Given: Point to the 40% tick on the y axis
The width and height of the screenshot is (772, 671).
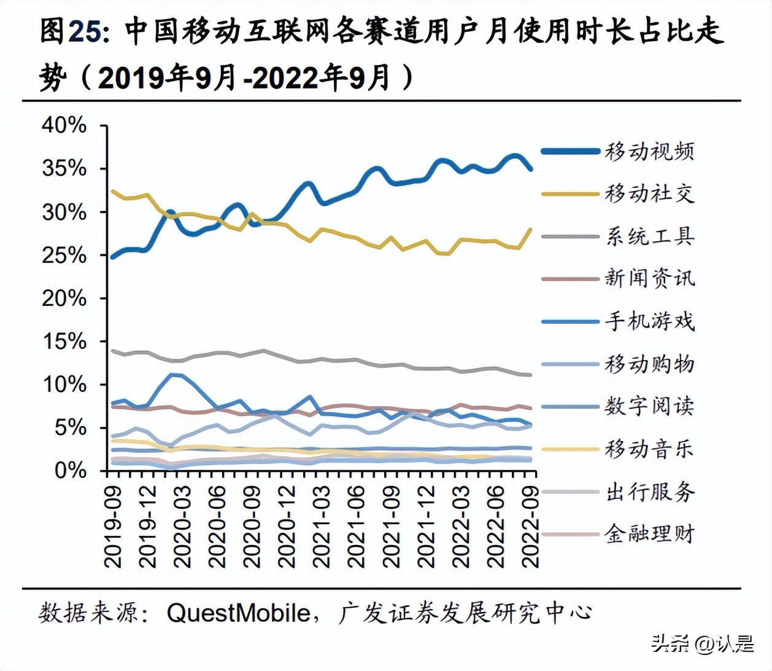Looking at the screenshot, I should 64,125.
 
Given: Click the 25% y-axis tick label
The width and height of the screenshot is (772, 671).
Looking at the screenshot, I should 64,255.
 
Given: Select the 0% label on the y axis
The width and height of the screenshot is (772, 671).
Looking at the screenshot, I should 70,471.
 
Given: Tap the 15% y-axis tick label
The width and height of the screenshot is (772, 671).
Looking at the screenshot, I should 64,342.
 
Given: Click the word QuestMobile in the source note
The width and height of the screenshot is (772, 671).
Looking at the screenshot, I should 239,613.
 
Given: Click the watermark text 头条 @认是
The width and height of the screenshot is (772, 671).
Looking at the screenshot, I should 702,643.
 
